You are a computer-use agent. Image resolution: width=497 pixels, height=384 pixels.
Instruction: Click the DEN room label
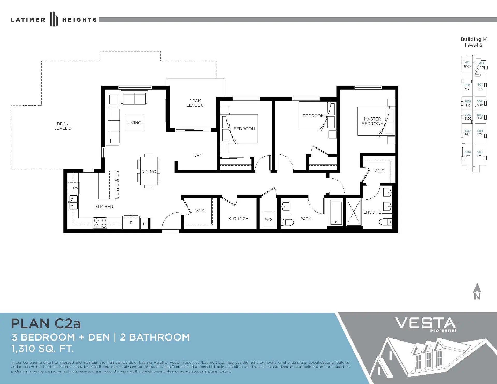(198, 155)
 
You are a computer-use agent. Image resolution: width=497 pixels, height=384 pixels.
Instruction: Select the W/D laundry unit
(268, 219)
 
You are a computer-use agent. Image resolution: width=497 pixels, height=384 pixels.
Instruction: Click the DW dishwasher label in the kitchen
(75, 188)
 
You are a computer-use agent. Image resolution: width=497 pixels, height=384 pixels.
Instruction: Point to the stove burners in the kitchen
(100, 223)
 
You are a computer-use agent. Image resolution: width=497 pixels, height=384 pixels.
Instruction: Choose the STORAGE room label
(238, 219)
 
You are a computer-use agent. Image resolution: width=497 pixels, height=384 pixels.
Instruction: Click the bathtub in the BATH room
(336, 212)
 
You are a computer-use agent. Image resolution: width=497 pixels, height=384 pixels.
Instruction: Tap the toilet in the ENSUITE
(385, 222)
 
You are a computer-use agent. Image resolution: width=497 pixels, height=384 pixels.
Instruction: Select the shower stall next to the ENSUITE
(354, 212)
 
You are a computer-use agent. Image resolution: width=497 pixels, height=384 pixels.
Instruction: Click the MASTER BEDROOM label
(372, 121)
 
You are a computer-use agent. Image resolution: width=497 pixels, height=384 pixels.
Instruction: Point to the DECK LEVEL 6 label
(195, 103)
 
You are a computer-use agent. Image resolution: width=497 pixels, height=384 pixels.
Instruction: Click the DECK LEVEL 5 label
(63, 126)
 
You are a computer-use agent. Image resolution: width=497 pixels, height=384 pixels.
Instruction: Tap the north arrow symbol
(477, 291)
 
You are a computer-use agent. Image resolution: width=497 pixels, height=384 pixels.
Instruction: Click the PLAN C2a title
(46, 323)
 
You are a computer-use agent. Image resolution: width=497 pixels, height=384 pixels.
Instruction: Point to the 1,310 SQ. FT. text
(42, 349)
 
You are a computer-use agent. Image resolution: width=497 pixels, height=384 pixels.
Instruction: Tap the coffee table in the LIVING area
(134, 123)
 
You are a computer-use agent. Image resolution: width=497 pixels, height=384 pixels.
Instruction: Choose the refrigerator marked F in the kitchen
(131, 222)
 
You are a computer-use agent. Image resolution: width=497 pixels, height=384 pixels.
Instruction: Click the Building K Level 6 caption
(473, 42)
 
